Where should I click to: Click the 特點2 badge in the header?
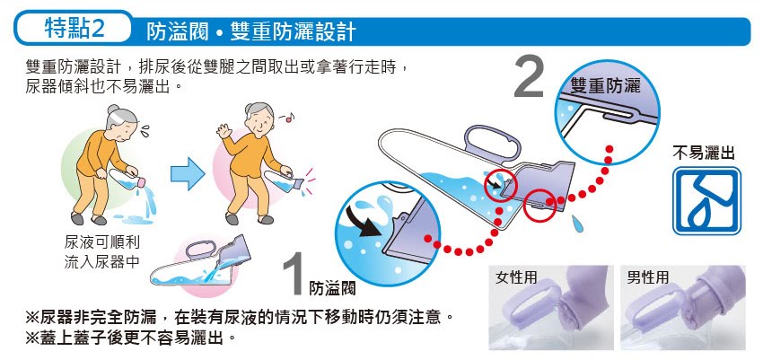click(74, 28)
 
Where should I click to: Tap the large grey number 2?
click(529, 77)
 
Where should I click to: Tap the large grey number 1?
click(295, 275)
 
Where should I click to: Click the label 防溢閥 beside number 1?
click(332, 288)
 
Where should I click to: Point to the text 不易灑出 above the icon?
click(704, 154)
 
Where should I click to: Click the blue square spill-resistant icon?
click(706, 201)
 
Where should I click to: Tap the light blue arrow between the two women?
click(188, 173)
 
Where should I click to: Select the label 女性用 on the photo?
click(516, 277)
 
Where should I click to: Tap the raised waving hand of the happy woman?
click(224, 130)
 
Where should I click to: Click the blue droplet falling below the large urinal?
click(578, 224)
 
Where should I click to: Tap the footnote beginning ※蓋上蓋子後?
click(131, 337)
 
